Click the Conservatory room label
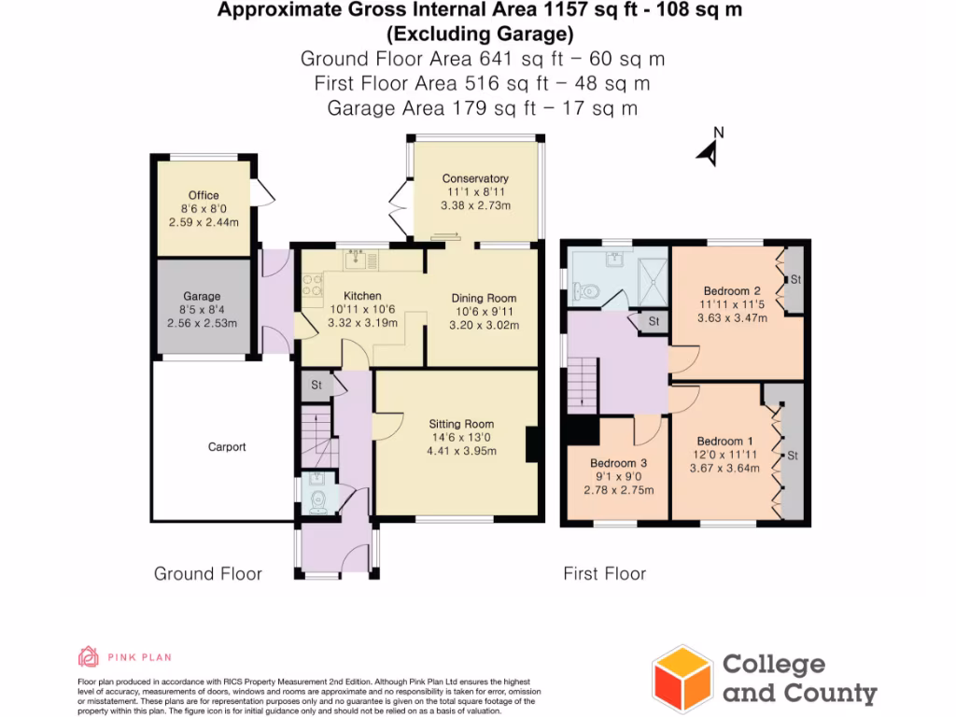coord(475,178)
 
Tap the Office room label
coord(204,196)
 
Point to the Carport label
coord(227,447)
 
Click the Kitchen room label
coord(362,296)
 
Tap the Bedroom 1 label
coord(725,442)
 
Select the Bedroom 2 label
coord(725,290)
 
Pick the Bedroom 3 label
coord(619,463)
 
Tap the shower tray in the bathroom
coord(648,275)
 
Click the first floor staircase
coord(583,381)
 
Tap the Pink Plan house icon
coord(89,656)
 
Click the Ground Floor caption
coord(207,574)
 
